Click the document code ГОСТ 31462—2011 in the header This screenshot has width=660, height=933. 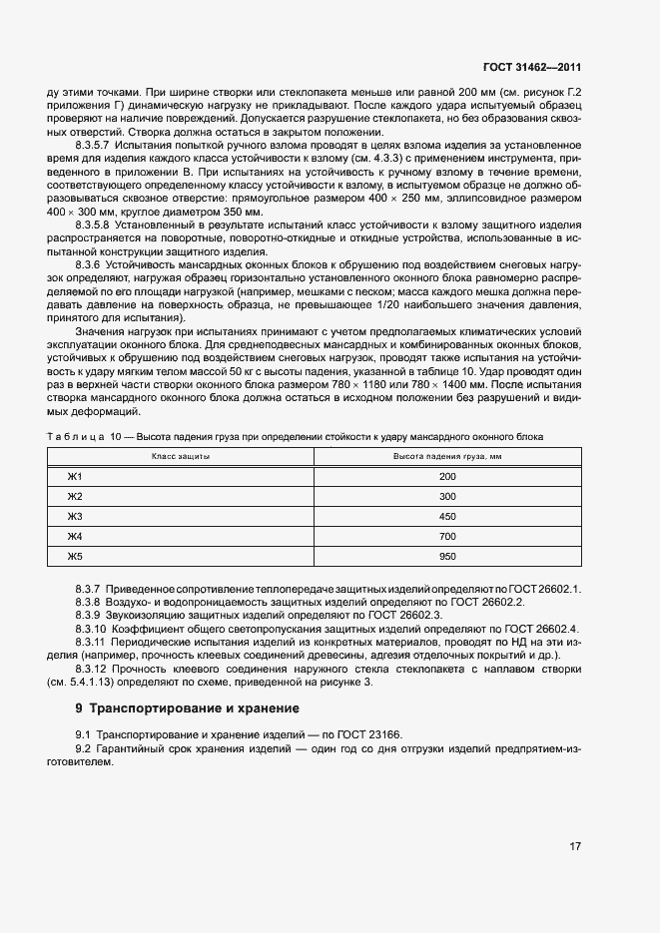click(531, 68)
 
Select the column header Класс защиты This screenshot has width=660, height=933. click(180, 456)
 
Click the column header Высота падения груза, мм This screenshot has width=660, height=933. click(446, 456)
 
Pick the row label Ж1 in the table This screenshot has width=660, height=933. click(74, 476)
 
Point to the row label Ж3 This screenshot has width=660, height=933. click(74, 516)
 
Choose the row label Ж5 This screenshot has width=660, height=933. click(74, 556)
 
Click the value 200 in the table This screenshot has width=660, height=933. click(446, 476)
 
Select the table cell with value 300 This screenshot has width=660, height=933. click(446, 496)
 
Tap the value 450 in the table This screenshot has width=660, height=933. click(446, 516)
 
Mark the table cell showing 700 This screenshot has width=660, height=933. click(446, 536)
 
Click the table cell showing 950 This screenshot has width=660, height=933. click(446, 556)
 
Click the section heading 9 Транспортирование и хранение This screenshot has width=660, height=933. click(187, 708)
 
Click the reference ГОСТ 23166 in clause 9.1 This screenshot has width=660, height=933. click(368, 734)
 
